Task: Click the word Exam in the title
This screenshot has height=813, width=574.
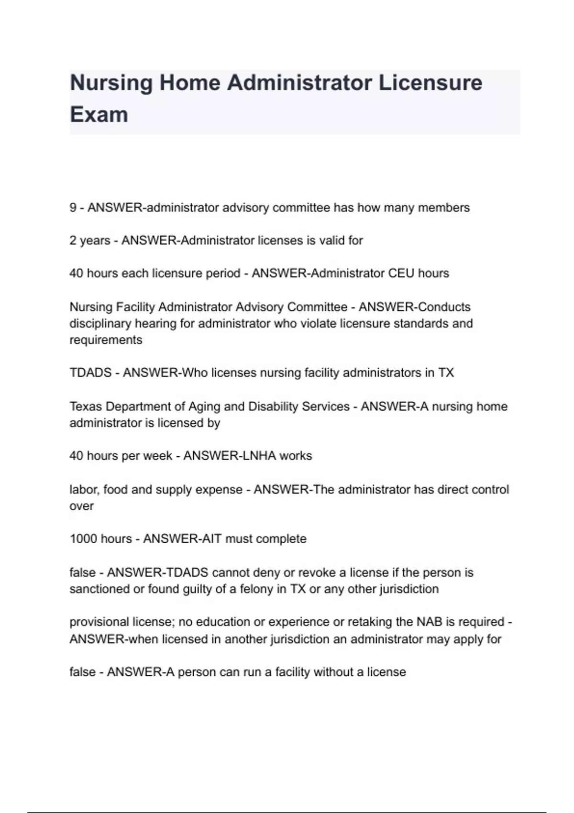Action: point(99,115)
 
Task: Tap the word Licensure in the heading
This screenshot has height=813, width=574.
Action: point(430,83)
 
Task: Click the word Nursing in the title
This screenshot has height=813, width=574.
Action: point(111,83)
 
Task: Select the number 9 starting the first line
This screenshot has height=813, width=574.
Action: point(73,208)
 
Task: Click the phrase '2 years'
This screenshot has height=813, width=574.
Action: point(90,241)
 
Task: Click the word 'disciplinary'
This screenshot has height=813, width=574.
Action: point(100,324)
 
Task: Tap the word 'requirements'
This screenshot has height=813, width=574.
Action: point(106,340)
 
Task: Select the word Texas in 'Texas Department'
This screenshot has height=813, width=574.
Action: point(86,406)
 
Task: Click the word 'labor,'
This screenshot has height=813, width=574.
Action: point(85,490)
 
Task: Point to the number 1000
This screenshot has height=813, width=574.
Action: point(83,539)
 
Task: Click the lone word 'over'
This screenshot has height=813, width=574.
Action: point(81,506)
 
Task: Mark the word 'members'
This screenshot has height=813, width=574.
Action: point(443,208)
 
